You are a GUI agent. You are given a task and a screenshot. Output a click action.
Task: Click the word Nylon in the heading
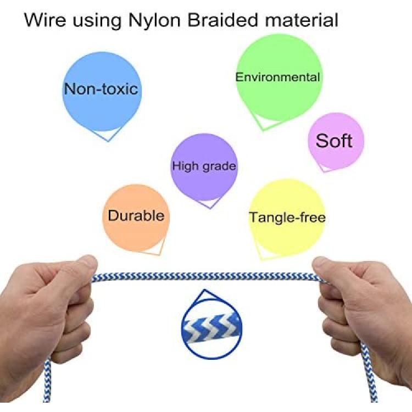click(154, 20)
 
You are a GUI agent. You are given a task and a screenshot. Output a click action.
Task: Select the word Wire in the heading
click(45, 20)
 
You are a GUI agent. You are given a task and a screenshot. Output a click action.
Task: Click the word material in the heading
click(302, 20)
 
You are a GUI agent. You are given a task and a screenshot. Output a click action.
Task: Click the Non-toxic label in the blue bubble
click(101, 89)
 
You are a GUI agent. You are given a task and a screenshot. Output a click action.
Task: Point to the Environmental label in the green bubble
click(277, 77)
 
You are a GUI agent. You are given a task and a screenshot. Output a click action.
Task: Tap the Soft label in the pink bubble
click(334, 141)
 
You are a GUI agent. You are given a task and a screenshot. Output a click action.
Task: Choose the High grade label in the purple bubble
click(204, 166)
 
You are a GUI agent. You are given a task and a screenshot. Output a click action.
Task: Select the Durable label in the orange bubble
click(136, 215)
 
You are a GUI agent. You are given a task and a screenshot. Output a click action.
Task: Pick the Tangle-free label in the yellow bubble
click(287, 218)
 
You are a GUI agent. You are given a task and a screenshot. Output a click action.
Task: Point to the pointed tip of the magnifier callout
click(204, 290)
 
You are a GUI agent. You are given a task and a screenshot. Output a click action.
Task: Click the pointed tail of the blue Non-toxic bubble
click(108, 141)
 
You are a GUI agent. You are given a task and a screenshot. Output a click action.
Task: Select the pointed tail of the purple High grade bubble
click(210, 208)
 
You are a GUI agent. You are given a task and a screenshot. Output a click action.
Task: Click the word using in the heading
click(97, 21)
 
